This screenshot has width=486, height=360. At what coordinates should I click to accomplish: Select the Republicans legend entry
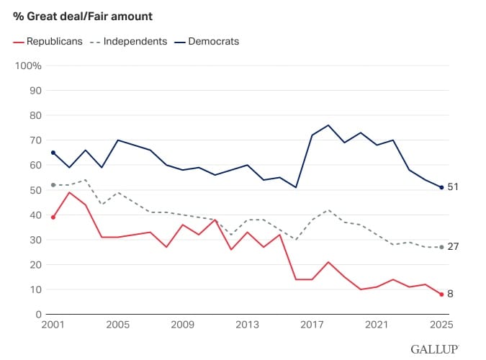coord(49,41)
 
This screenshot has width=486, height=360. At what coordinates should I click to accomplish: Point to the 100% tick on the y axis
coord(29,66)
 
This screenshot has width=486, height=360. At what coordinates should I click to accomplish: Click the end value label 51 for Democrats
coord(453,187)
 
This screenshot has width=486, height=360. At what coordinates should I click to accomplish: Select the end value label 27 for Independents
coord(453,247)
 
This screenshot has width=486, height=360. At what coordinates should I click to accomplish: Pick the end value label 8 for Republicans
coord(450,294)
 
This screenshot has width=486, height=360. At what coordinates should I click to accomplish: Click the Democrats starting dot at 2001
coord(53,153)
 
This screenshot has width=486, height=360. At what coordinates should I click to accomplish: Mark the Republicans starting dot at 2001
coord(53,217)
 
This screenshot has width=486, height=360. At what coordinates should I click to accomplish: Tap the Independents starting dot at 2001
coord(53,185)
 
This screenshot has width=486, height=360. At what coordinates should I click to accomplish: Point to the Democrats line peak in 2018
coord(328,125)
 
